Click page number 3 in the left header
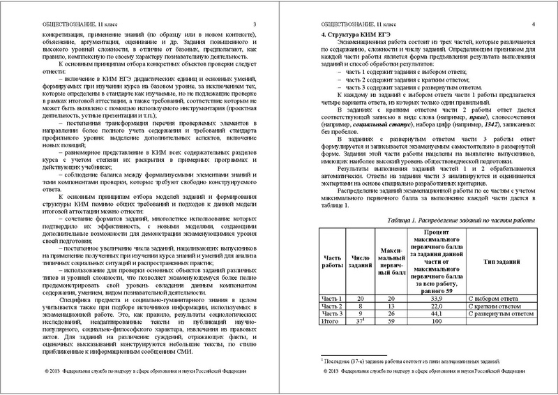(x=254, y=25)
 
